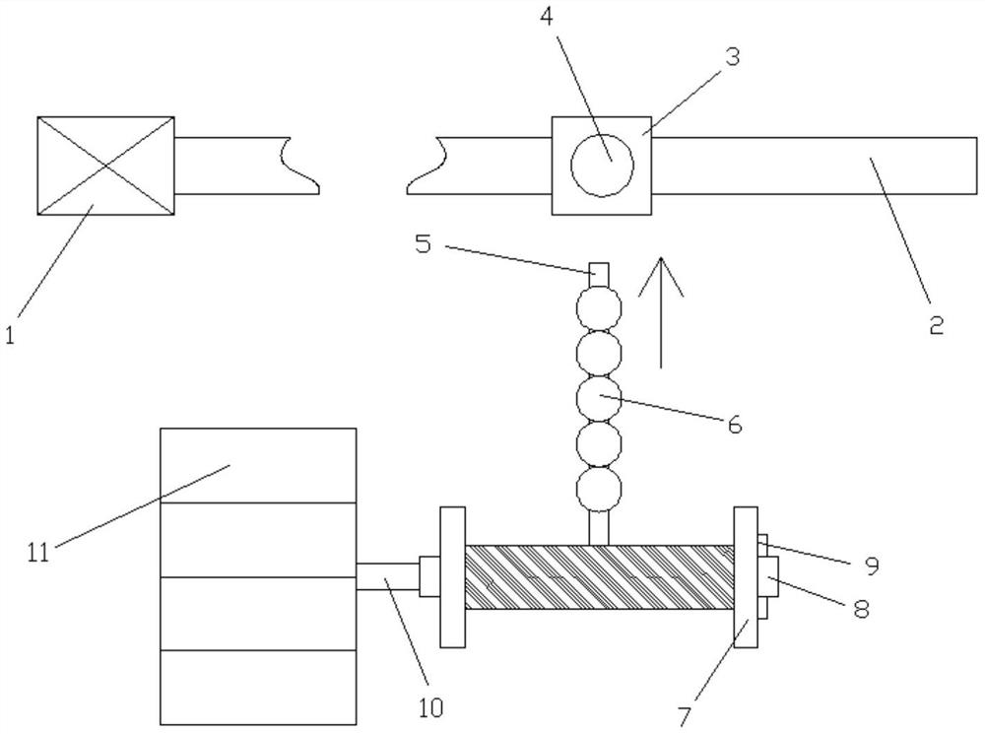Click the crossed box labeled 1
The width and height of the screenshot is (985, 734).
click(105, 166)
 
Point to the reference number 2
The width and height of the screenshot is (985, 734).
click(936, 324)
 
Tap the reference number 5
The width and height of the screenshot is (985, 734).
click(424, 243)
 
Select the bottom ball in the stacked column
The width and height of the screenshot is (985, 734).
click(601, 489)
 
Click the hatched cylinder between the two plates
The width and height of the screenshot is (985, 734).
click(599, 577)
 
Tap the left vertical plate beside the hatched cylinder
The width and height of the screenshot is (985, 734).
click(452, 577)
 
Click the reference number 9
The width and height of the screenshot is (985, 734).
click(870, 566)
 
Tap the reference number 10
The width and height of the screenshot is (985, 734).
click(429, 705)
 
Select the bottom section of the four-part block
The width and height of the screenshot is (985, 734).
click(258, 687)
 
